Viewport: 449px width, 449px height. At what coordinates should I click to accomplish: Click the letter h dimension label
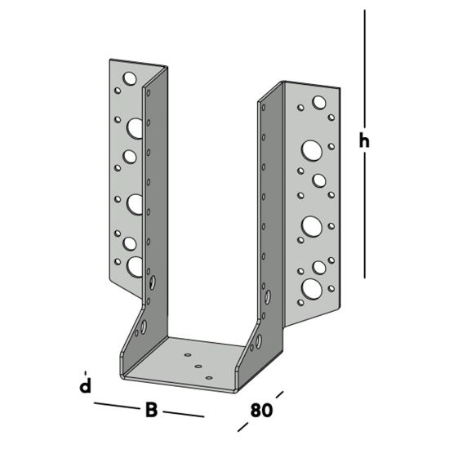click(x=365, y=141)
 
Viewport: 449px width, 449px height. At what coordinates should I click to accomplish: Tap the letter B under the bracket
click(x=151, y=410)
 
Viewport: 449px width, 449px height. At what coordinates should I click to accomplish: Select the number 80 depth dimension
click(x=260, y=411)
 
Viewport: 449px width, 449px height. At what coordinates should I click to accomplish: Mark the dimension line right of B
click(x=184, y=415)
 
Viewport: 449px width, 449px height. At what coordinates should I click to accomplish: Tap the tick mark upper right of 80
click(x=279, y=395)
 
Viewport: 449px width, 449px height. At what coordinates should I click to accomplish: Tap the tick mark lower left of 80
click(x=242, y=426)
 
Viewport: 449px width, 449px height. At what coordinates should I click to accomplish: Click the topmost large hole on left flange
click(x=129, y=79)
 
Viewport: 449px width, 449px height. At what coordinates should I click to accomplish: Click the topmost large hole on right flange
click(x=317, y=103)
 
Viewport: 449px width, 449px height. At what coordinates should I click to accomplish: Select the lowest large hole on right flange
click(x=311, y=287)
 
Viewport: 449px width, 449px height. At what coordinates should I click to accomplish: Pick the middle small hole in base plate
click(x=198, y=367)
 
